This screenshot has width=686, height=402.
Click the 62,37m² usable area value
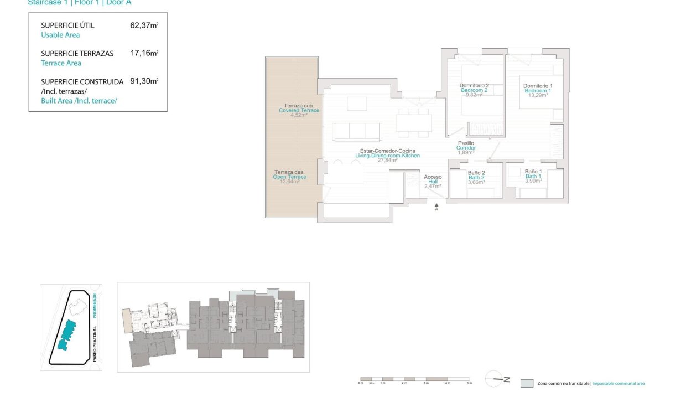[144, 25]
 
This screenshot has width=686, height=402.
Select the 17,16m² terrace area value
[144, 54]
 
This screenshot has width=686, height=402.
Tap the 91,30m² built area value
[144, 81]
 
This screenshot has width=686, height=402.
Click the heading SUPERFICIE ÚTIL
[67, 25]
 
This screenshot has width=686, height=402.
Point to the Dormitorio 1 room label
[538, 86]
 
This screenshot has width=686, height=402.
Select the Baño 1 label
[533, 172]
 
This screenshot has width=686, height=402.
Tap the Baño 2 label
[476, 173]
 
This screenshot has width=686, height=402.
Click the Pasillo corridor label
[466, 143]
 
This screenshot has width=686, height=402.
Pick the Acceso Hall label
[433, 177]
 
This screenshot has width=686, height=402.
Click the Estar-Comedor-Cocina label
[387, 151]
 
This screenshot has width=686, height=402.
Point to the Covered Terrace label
[299, 110]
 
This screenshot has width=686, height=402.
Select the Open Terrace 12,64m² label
[289, 177]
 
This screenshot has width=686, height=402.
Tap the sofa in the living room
[357, 132]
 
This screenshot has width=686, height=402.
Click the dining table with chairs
[414, 122]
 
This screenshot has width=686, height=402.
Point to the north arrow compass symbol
[496, 379]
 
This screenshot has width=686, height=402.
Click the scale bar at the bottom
[415, 379]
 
